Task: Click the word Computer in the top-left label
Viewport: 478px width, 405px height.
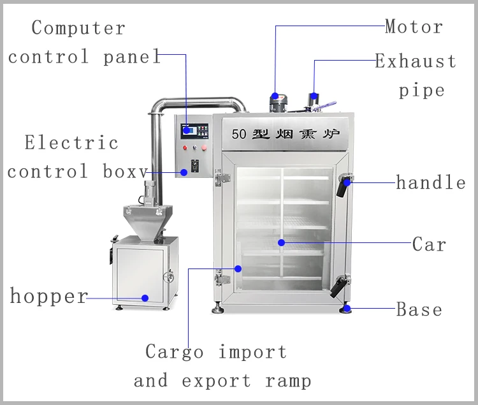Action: coord(78,28)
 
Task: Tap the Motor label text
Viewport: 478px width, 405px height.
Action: coord(414,27)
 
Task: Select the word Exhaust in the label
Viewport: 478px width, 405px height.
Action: coord(416,62)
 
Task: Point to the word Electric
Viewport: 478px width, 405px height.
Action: coord(71,142)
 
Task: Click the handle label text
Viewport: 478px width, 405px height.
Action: coord(431,183)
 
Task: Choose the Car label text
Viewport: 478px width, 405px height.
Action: coord(430,244)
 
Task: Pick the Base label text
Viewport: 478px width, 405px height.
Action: coord(419,310)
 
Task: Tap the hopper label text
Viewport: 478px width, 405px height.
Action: coord(48,297)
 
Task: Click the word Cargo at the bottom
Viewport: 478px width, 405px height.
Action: coord(175,351)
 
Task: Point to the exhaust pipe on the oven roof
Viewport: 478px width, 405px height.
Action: coord(314,101)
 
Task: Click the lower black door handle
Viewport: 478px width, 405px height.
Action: coord(338,285)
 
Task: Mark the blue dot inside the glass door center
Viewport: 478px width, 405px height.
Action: coord(280,242)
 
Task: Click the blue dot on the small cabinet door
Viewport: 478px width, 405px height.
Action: coord(145,297)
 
